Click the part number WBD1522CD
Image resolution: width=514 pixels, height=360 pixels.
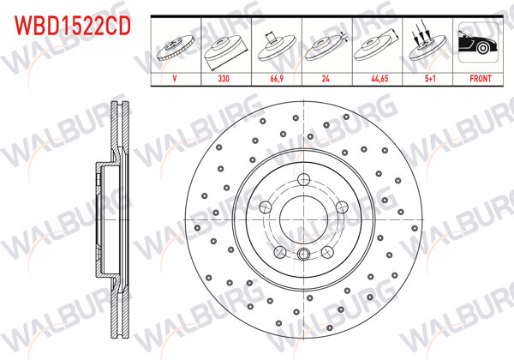pos(71,26)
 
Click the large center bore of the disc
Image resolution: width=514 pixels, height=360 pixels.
pos(303,218)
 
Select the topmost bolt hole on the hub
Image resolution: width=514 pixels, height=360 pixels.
pos(303,177)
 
